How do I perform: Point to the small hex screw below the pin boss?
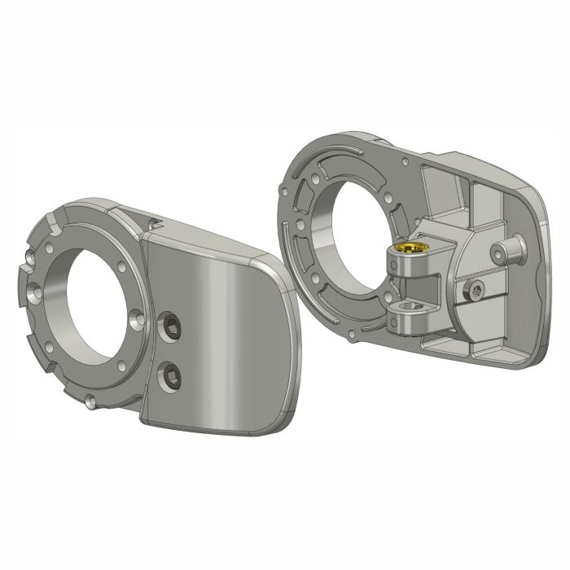tap(476, 288)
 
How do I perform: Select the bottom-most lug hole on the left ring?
tap(92, 400)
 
